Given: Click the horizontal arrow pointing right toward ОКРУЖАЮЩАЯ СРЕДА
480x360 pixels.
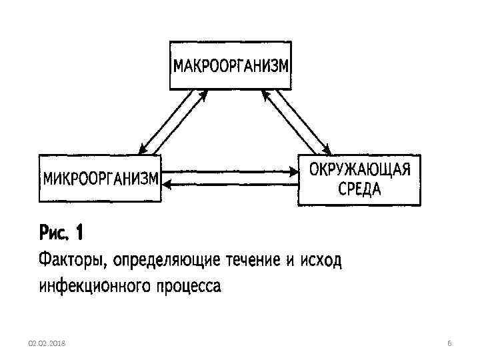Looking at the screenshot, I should [230, 171].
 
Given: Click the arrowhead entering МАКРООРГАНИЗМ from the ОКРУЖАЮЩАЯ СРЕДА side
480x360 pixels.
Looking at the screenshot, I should [267, 94].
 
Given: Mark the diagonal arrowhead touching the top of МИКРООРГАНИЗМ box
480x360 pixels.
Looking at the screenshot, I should [143, 151].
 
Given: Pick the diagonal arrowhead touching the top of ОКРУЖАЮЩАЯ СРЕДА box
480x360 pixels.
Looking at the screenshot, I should [326, 149].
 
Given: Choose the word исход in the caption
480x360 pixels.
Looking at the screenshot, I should [318, 259].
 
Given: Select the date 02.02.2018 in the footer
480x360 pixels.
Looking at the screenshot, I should [47, 343].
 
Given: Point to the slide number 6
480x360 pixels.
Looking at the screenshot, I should [450, 343].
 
